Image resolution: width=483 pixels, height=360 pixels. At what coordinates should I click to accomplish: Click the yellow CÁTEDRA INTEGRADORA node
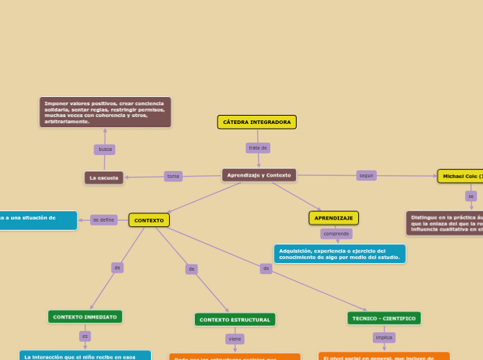coord(256,123)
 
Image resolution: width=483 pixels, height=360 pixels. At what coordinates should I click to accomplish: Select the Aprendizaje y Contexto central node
coord(259,175)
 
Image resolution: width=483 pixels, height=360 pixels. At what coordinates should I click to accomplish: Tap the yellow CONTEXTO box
coord(149,220)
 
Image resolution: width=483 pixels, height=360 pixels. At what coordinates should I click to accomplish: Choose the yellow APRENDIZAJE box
coord(333,218)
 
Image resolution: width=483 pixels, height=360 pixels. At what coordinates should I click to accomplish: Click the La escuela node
coord(104,178)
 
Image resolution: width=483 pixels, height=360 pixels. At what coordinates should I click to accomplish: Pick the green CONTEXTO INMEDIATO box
coord(85,316)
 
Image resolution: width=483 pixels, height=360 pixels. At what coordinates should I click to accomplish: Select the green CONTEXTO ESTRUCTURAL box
coord(235,320)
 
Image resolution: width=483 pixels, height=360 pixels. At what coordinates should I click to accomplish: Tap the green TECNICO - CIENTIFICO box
coord(384,318)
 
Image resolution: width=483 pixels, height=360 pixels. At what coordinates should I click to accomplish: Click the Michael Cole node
coord(461,177)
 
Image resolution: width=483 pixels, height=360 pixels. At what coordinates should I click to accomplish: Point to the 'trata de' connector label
coord(258,148)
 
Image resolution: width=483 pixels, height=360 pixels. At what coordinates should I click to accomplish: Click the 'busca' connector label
coord(105,150)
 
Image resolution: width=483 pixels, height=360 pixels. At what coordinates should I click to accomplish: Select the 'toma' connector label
coord(173,177)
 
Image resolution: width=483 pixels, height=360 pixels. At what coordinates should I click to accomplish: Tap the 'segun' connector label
coord(366,176)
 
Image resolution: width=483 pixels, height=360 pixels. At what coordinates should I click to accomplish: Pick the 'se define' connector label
coord(103,220)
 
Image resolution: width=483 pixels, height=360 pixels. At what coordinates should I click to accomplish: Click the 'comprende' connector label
coord(336,234)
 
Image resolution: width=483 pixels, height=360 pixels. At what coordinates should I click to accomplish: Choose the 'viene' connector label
coord(235,339)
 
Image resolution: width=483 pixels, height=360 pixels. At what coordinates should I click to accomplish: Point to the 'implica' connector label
coord(384,338)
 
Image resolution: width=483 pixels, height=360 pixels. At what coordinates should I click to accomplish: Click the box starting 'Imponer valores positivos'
coord(105,112)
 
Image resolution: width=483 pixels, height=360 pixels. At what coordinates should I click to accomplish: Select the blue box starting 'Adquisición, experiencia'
coord(340,254)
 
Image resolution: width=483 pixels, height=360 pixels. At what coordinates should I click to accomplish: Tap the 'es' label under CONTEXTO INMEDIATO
coord(85,336)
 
